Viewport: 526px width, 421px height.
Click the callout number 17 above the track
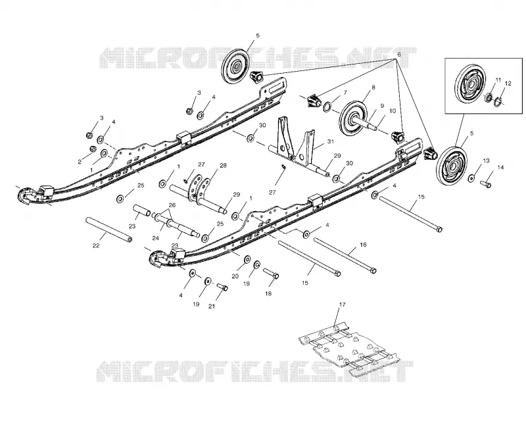(342, 305)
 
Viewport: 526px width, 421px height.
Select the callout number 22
(96, 246)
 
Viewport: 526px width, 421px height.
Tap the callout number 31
(331, 141)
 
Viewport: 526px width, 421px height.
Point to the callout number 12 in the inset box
(508, 84)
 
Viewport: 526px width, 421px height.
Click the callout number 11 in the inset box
(498, 80)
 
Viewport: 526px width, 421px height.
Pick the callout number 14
(500, 168)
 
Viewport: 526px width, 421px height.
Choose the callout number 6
(399, 55)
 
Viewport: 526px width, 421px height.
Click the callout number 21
(212, 306)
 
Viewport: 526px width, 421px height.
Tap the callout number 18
(268, 293)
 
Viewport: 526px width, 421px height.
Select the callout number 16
(363, 245)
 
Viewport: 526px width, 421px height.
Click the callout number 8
(373, 87)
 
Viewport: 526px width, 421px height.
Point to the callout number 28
(223, 166)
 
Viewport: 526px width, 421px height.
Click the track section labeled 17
(348, 350)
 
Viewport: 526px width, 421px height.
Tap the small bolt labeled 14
(486, 184)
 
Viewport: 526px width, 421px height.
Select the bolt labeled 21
(222, 287)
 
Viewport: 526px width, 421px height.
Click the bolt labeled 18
(271, 273)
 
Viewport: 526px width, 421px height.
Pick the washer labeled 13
(471, 178)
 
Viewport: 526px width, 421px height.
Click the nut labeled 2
(93, 149)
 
